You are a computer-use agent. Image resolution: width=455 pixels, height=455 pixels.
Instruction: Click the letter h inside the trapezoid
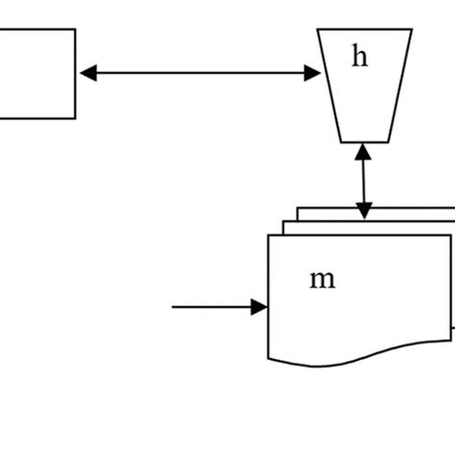pos(359,58)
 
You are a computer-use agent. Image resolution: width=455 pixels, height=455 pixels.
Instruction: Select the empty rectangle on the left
pos(36,74)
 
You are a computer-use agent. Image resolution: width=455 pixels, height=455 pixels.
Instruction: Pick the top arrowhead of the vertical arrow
pos(363,151)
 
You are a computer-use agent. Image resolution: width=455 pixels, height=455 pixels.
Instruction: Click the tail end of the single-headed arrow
pos(174,307)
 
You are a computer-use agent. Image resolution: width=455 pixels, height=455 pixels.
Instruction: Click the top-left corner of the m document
pos(268,235)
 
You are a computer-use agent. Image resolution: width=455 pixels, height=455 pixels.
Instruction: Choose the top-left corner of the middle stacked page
pos(283,222)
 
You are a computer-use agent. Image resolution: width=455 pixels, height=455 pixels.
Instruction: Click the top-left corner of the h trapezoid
pos(318,30)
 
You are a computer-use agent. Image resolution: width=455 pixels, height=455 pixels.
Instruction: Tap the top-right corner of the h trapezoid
pos(412,30)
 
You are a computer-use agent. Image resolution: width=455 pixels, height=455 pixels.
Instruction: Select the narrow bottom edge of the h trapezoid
pos(364,142)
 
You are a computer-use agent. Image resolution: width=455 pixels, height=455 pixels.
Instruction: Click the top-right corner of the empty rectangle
pos(75,29)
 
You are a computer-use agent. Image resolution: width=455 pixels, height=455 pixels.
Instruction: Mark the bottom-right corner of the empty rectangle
pos(75,118)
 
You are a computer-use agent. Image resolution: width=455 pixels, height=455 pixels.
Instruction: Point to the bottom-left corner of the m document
pos(268,356)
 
